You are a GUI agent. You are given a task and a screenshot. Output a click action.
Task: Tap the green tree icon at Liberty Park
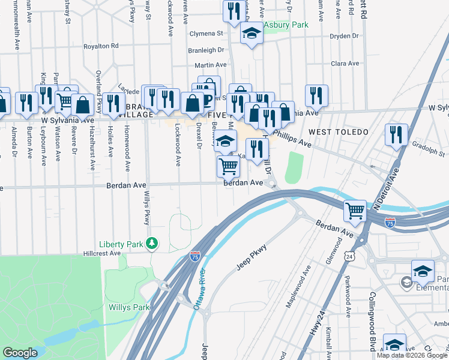(x=153, y=243)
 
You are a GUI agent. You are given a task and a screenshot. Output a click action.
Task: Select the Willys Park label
(x=128, y=308)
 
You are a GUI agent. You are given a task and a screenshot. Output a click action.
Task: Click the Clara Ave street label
(x=345, y=63)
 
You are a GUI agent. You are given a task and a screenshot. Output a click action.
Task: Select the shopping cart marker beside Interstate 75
(x=355, y=211)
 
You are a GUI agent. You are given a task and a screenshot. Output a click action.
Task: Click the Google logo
(x=20, y=353)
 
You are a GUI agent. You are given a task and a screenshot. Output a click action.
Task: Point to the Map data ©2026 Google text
(x=412, y=355)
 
